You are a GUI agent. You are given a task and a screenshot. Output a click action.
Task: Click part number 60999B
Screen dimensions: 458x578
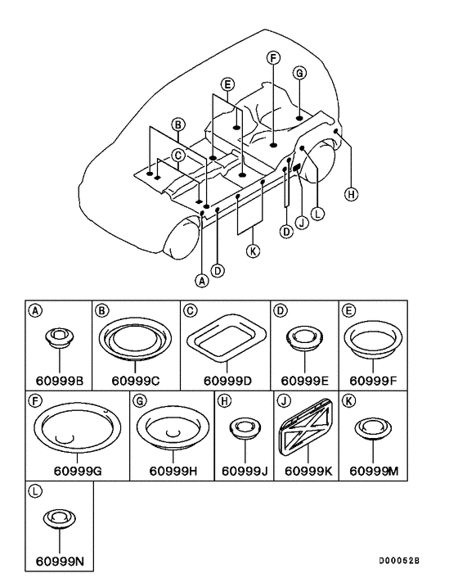(x=59, y=380)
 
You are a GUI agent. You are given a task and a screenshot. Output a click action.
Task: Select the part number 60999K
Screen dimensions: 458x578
(x=308, y=471)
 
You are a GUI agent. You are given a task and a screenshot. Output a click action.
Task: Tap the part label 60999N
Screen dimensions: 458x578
(x=60, y=561)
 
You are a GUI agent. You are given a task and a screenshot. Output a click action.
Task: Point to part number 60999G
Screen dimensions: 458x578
(x=78, y=471)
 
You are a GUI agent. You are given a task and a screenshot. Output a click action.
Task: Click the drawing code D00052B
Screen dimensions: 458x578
(x=399, y=561)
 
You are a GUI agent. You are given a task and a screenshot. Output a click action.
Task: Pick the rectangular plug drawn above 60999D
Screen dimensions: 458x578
(x=227, y=337)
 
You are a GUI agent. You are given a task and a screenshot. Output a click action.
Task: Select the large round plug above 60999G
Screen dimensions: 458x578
(x=78, y=430)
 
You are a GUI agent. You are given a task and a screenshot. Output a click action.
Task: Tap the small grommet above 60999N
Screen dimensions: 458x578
(x=59, y=519)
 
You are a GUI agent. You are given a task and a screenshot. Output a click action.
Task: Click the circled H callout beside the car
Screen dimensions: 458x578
(x=351, y=194)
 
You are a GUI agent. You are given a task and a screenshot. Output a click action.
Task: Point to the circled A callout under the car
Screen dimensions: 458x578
(x=201, y=281)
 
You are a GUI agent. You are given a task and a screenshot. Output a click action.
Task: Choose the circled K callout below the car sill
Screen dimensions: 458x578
(x=253, y=251)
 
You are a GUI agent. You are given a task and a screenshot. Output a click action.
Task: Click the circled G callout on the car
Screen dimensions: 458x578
(x=299, y=73)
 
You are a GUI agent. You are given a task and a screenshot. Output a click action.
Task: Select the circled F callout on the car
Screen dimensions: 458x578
(x=273, y=58)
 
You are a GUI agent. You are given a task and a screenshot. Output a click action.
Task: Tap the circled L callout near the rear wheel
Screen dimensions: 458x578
(x=317, y=214)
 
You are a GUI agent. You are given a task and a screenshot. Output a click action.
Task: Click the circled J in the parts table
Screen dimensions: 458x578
(x=283, y=400)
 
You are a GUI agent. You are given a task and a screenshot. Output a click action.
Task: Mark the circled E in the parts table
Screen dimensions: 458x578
(x=348, y=310)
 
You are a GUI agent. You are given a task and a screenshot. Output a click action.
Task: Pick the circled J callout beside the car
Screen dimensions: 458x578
(x=303, y=223)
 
